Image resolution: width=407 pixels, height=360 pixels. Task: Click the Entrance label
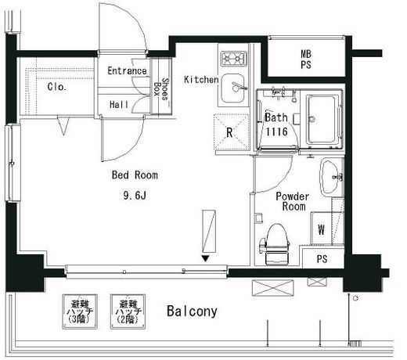pos(127,70)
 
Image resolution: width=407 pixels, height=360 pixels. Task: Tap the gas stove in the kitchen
pos(234,59)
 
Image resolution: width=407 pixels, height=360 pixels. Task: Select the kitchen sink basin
pos(232,88)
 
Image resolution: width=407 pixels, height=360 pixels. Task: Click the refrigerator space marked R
pos(232,132)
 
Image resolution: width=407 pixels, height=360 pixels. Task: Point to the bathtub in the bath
pos(321,119)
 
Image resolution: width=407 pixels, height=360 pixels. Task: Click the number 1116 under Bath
pos(276,131)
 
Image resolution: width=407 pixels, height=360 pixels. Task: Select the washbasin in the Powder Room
pos(330,177)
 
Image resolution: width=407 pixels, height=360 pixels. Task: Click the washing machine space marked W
pos(321,229)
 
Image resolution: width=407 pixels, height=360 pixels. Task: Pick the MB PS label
pos(306,59)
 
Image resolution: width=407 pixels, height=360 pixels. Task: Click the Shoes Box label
pos(161,89)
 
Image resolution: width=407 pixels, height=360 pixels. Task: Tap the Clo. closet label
pos(57,87)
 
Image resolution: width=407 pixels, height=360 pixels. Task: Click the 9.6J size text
pos(135,195)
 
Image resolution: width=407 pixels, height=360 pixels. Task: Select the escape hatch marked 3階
pos(80,311)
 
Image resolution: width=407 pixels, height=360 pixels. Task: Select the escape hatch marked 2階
pos(128,311)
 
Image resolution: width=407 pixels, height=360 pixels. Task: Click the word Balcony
pos(192,311)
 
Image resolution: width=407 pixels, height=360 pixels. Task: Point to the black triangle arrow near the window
pos(206,258)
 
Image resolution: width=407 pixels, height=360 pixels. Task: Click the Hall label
pos(119,105)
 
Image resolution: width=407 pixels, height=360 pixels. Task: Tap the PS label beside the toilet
pos(322,259)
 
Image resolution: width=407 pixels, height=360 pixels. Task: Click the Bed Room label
pos(135,175)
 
